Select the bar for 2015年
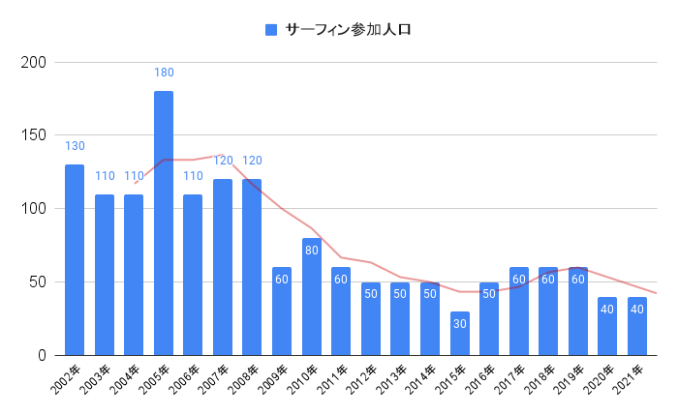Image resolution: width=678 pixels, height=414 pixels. click(459, 334)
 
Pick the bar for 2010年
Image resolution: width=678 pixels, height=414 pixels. click(312, 296)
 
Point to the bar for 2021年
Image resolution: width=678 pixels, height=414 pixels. click(637, 326)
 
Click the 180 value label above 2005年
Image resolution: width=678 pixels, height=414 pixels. click(164, 73)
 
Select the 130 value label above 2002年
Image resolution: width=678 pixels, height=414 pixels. click(75, 146)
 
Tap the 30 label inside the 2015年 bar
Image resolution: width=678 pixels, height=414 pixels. click(459, 323)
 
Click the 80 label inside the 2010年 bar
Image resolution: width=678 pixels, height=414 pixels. click(312, 250)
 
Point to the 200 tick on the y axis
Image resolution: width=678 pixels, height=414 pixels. click(35, 62)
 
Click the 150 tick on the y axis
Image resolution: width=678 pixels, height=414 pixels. click(35, 135)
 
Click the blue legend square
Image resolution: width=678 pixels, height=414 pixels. click(271, 30)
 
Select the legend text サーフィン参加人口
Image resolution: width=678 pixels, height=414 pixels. click(349, 30)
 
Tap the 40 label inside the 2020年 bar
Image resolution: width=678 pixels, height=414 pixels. click(607, 309)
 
